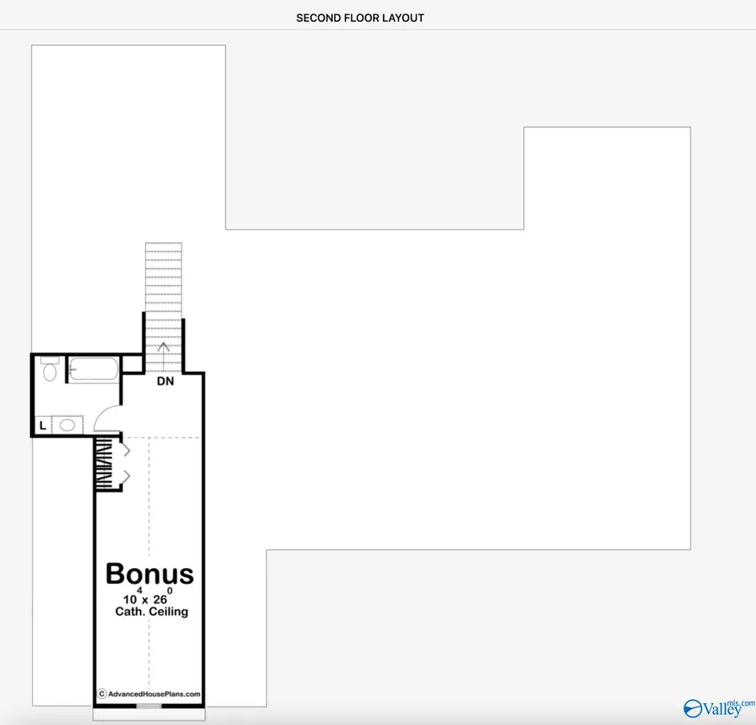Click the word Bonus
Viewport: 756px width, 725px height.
tap(150, 574)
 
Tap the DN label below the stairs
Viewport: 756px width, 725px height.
tap(165, 381)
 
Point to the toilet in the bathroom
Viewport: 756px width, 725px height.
tap(50, 369)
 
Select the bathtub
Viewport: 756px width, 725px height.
tap(93, 370)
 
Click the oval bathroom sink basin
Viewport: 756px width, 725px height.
tap(67, 425)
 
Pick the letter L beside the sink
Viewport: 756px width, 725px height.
tap(43, 425)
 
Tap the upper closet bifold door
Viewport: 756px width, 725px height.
tap(126, 451)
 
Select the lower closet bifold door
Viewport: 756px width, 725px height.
tap(126, 477)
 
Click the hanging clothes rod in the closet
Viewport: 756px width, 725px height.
tap(105, 464)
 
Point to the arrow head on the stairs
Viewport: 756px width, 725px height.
tap(164, 347)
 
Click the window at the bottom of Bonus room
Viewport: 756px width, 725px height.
tap(149, 706)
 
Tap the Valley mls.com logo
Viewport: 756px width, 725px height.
tap(719, 707)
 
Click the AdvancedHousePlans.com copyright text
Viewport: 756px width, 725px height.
tap(149, 694)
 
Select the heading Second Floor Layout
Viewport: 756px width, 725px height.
tap(360, 18)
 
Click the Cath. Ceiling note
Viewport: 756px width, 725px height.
tap(151, 612)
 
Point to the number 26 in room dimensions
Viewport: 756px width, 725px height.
tap(160, 600)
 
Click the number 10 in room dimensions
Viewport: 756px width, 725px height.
tap(129, 600)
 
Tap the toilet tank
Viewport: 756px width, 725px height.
tap(50, 360)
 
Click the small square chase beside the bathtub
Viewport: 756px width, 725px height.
tap(132, 364)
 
